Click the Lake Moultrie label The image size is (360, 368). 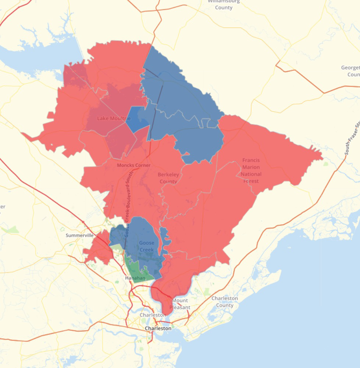(x=114, y=118)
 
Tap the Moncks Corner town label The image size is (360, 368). (x=133, y=165)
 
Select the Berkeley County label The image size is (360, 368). (x=168, y=178)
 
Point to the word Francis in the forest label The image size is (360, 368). (x=251, y=160)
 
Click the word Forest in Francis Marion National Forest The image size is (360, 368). (x=251, y=181)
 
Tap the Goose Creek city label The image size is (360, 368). (x=146, y=247)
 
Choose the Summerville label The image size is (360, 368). (x=79, y=235)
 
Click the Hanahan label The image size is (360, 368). (x=135, y=278)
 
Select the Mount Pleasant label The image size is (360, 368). (x=180, y=304)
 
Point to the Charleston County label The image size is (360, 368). (x=224, y=302)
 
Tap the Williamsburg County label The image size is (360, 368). (x=224, y=4)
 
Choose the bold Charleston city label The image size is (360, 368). (x=158, y=328)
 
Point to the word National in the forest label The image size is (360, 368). (x=252, y=174)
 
